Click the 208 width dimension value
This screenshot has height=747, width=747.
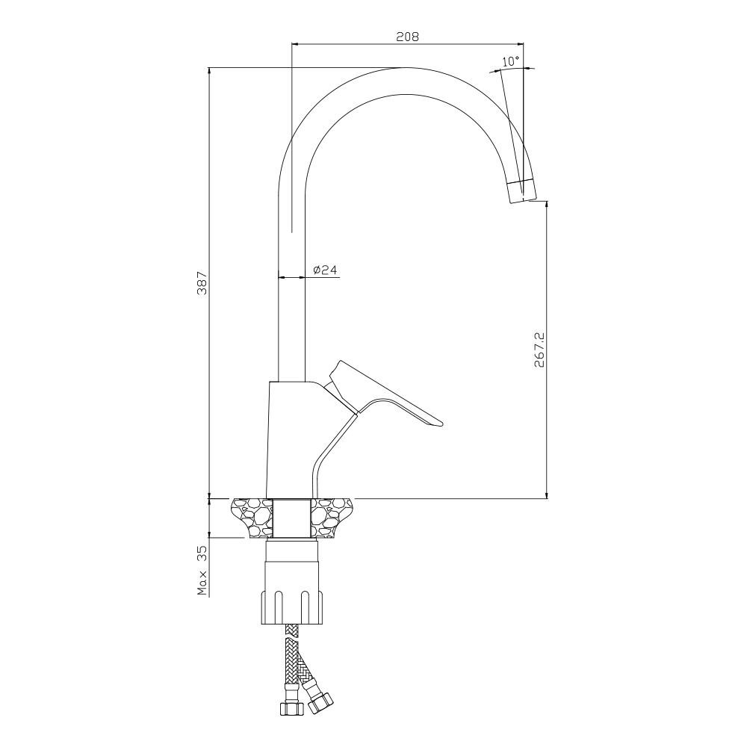407,37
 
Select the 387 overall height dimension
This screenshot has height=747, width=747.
202,283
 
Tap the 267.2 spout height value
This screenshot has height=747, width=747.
539,350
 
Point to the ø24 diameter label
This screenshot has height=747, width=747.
325,270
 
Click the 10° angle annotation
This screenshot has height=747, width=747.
511,61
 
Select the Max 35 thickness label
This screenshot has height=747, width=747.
202,571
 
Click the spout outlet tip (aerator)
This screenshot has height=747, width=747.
521,191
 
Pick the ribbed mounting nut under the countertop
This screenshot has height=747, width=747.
292,607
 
